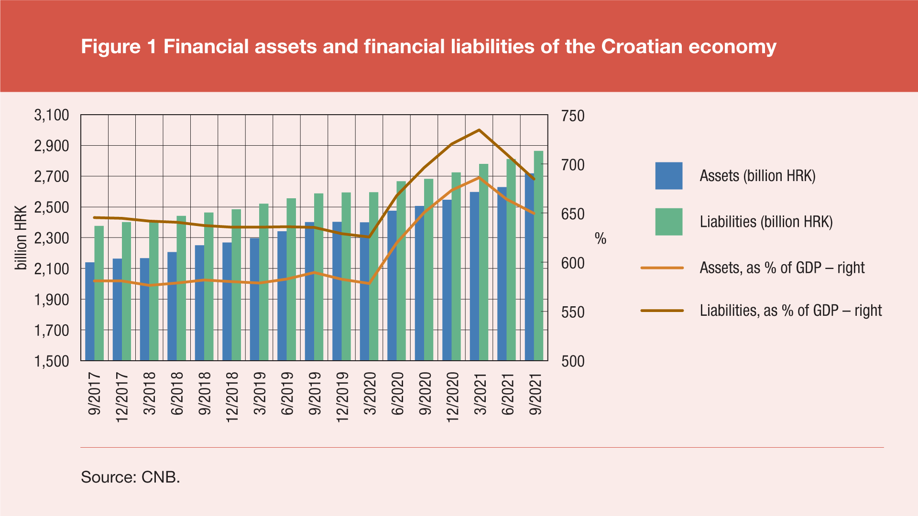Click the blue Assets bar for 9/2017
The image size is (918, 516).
(x=90, y=311)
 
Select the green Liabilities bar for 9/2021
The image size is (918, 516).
(x=539, y=256)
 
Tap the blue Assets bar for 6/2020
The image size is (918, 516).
(x=392, y=286)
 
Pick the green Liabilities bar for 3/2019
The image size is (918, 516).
(x=264, y=282)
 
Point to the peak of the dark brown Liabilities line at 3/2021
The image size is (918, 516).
(x=479, y=130)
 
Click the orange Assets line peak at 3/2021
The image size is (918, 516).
(x=479, y=178)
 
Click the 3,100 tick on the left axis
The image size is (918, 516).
(x=52, y=115)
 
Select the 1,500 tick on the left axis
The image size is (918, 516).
(x=52, y=361)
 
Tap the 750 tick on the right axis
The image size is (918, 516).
(x=573, y=116)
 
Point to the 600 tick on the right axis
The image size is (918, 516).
(x=573, y=263)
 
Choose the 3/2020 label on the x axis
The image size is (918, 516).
(x=370, y=394)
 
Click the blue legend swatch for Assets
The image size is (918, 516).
(x=668, y=176)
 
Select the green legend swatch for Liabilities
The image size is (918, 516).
(x=668, y=222)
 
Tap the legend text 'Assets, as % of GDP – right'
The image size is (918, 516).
(x=782, y=268)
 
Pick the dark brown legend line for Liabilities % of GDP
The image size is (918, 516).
(x=662, y=311)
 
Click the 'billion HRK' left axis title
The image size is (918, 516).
(x=21, y=238)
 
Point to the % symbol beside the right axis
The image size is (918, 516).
(x=601, y=238)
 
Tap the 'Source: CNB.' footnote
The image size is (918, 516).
(x=131, y=477)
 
